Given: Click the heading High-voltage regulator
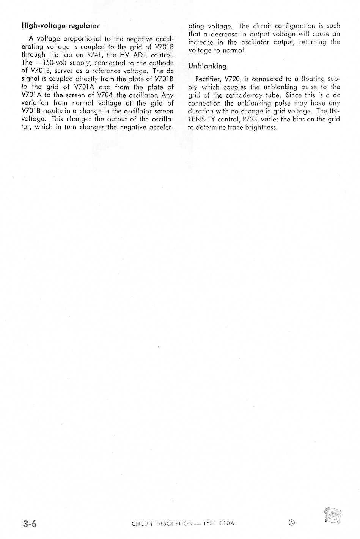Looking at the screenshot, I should tap(60, 26).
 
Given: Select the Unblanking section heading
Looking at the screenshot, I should tap(207, 66).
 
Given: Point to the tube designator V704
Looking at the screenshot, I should tap(105, 95).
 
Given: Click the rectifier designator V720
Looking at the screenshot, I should tap(233, 79).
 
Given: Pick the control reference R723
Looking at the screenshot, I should tap(250, 119).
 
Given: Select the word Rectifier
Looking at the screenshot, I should tap(207, 79).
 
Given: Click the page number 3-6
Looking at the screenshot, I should tap(30, 524).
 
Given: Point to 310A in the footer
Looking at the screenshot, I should tap(227, 523).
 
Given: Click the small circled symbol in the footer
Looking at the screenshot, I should tap(291, 522).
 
